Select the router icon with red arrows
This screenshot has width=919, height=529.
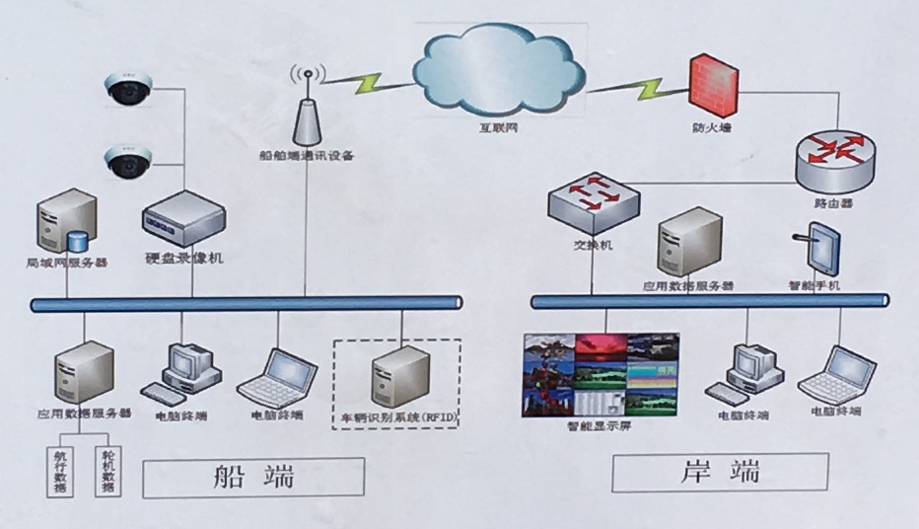click(834, 159)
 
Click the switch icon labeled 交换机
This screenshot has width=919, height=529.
click(593, 196)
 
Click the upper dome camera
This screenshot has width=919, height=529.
click(127, 92)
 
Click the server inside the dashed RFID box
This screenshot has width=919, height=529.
click(398, 376)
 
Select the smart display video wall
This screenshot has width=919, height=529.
click(600, 374)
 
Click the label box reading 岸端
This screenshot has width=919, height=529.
click(720, 472)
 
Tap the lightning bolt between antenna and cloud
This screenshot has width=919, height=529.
click(369, 84)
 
